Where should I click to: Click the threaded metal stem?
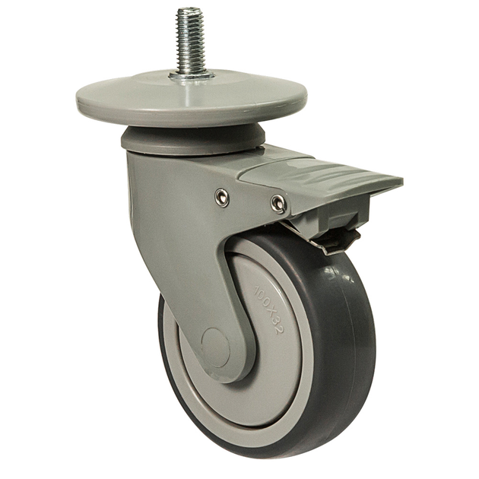click(x=189, y=41)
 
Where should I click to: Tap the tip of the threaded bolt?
click(x=189, y=8)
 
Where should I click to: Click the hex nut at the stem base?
click(x=192, y=75)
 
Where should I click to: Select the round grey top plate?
click(x=192, y=100)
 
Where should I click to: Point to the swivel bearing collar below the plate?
click(x=193, y=141)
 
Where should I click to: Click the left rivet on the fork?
click(x=222, y=198)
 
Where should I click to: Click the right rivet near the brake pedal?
click(x=278, y=203)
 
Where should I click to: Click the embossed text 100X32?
click(x=268, y=309)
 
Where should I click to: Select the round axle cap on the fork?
click(x=216, y=347)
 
